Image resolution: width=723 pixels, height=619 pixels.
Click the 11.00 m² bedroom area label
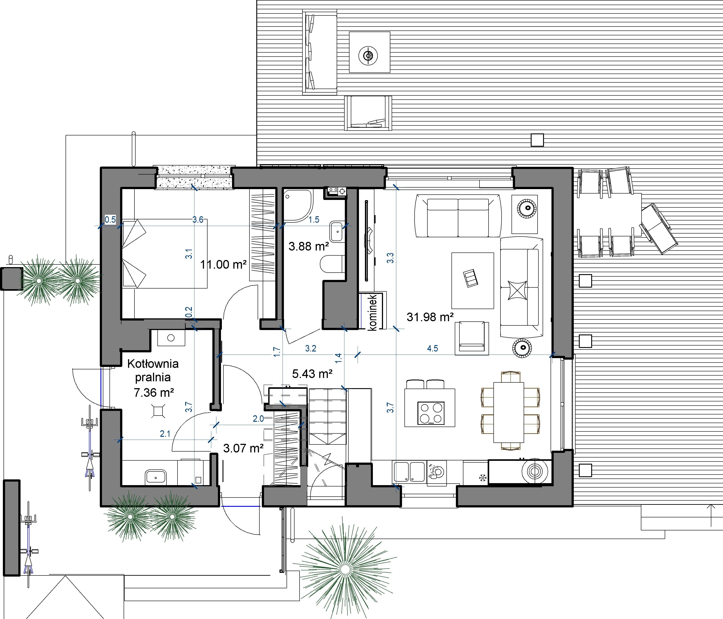point(223,265)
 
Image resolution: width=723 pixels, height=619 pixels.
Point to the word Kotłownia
point(153,364)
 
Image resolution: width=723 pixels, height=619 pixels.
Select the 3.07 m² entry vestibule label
point(243,448)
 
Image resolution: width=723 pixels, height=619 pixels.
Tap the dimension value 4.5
point(432,348)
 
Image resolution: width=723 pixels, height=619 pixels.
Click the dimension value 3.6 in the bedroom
point(198,220)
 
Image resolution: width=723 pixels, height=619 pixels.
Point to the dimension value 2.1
point(165,434)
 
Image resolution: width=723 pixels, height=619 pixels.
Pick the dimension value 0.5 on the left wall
point(110,220)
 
